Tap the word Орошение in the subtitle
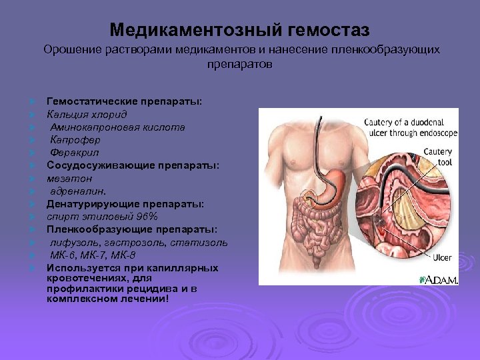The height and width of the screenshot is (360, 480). [x=71, y=50]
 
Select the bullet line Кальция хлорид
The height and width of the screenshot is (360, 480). [x=79, y=114]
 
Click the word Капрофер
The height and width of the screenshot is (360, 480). [x=75, y=140]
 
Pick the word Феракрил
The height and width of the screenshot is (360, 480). [x=75, y=153]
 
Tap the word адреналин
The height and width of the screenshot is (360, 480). [x=77, y=191]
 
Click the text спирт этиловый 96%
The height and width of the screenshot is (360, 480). [x=101, y=217]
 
